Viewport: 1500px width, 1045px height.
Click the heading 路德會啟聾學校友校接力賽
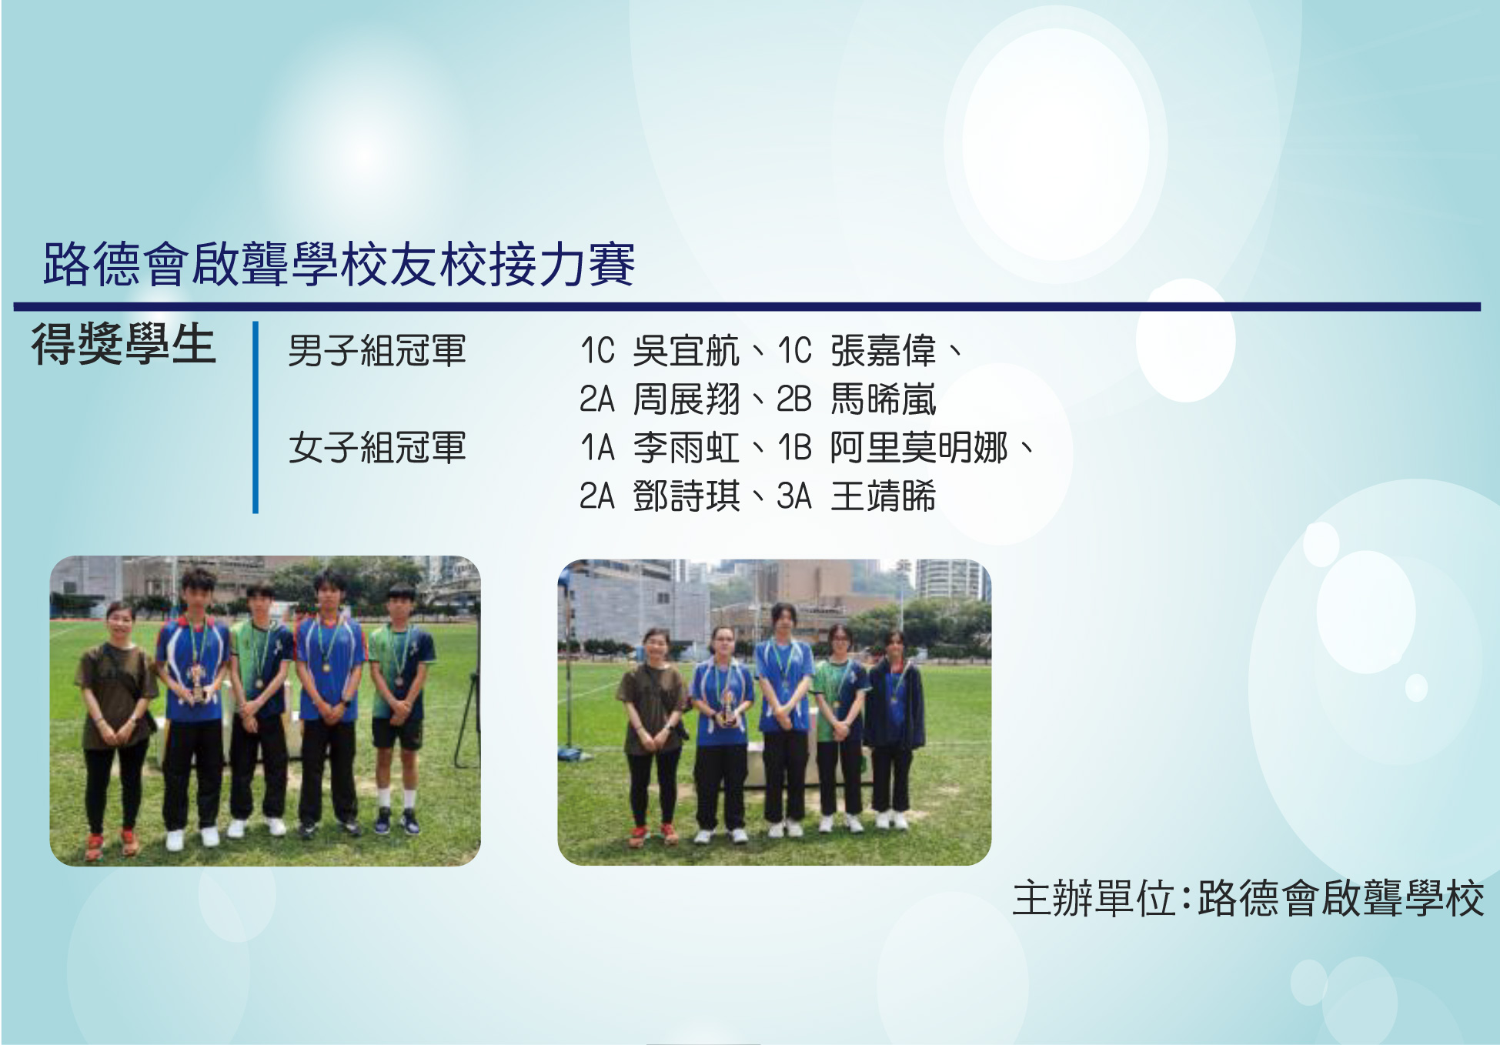tap(339, 264)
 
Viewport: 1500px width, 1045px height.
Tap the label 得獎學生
tap(123, 343)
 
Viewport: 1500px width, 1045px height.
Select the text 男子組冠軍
tap(377, 351)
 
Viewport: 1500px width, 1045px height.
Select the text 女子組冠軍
tap(377, 448)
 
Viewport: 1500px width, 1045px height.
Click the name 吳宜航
tap(686, 351)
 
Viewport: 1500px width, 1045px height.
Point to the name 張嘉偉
tap(884, 351)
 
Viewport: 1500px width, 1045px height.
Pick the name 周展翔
tap(686, 399)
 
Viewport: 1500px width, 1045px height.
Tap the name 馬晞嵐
tap(884, 399)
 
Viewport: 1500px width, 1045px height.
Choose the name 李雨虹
tap(686, 448)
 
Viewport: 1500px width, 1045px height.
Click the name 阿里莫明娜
tap(919, 448)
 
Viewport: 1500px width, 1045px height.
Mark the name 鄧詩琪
tap(686, 496)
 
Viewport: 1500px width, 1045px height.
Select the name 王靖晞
tap(884, 496)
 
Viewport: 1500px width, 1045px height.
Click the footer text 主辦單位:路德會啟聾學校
tap(1248, 898)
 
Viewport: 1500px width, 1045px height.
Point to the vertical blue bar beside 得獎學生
tap(256, 417)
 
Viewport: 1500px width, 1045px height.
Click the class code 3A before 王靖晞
tap(794, 496)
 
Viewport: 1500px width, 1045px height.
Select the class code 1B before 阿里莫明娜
tap(794, 448)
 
